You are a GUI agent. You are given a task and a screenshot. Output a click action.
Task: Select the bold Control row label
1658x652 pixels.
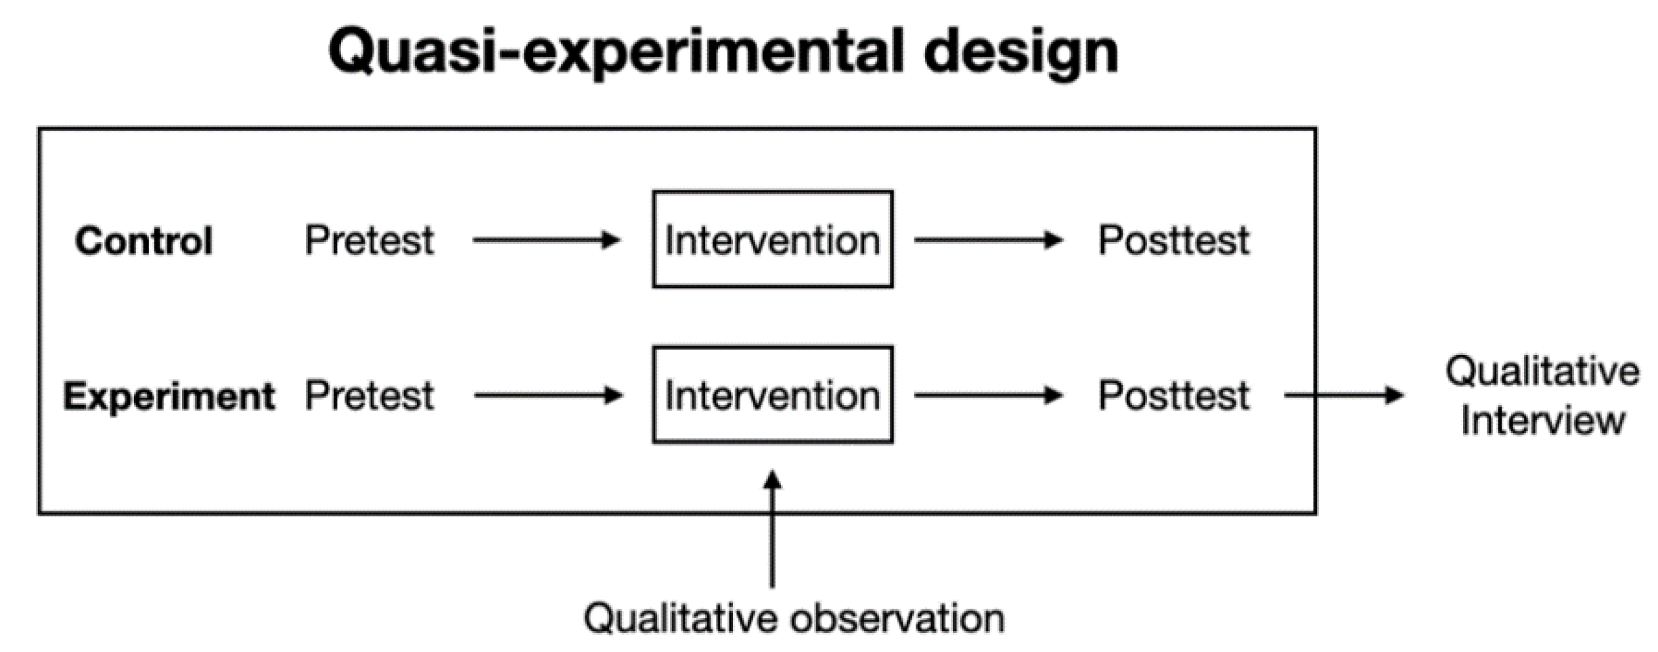143,241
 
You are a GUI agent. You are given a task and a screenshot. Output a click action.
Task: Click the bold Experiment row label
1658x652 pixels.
169,396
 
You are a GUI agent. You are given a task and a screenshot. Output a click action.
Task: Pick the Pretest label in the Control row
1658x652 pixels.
369,240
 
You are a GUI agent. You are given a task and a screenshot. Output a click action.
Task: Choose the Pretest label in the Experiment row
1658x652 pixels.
369,396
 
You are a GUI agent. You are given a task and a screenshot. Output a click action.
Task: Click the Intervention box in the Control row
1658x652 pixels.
772,239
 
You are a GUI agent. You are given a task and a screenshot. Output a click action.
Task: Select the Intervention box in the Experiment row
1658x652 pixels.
772,395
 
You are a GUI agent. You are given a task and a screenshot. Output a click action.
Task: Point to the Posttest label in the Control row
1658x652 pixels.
1173,240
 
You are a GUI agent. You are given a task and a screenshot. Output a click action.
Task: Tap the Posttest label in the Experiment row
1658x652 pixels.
1173,396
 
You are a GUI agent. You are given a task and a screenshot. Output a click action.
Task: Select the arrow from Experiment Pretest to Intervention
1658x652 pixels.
547,396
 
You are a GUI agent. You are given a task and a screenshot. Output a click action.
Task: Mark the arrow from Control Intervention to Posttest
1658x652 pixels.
988,240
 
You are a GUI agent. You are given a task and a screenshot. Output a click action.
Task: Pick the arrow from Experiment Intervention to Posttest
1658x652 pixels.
988,396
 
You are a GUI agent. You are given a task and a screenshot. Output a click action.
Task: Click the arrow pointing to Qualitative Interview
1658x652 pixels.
1343,396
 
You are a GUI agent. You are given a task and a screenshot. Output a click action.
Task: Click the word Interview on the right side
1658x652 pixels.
1543,421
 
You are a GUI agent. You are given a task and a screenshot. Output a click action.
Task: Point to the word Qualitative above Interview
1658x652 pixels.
1543,371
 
